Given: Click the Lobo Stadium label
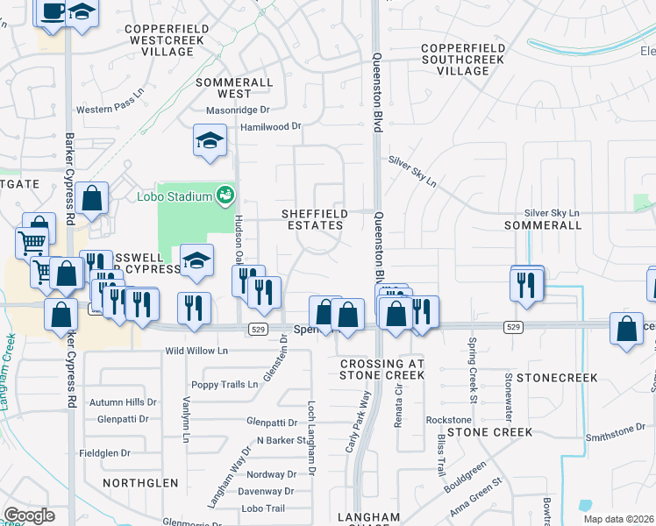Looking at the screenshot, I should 174,196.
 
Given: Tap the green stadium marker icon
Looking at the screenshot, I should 225,194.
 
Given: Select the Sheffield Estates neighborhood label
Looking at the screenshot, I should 313,219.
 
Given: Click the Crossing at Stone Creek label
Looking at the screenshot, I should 382,369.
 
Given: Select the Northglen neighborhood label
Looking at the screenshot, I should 140,483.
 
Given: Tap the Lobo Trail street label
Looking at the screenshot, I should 263,508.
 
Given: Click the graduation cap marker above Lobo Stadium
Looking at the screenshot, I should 210,141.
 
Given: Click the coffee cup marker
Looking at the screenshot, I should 53,12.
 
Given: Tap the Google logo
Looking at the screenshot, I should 29,515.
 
